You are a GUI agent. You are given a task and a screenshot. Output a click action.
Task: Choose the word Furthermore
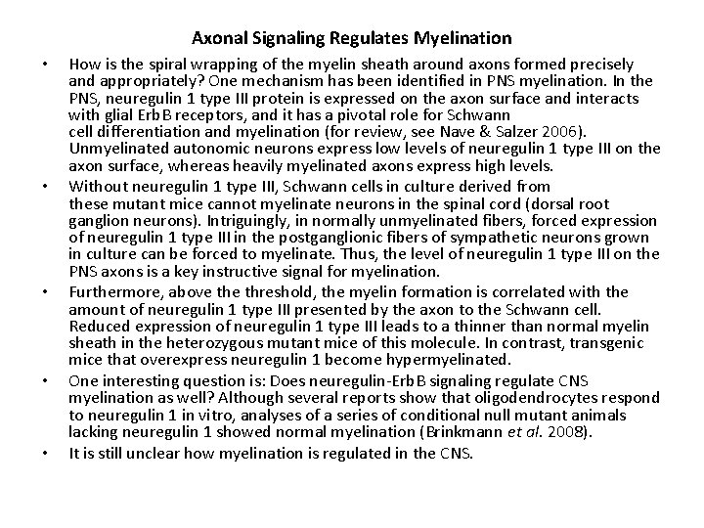coord(112,291)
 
